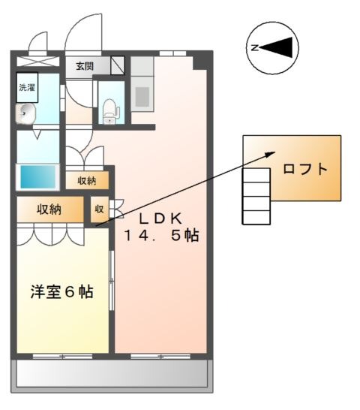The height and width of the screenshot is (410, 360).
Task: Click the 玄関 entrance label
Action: (83, 66)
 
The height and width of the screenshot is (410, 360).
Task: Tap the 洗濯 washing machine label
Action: (27, 87)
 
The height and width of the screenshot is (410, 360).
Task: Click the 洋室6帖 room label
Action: (62, 291)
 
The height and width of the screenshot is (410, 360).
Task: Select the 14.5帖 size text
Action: (161, 236)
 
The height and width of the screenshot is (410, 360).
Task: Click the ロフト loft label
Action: (304, 168)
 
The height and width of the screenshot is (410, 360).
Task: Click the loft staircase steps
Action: (256, 195)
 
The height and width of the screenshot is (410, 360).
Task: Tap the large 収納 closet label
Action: (49, 209)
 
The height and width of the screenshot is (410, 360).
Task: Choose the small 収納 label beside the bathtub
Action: (86, 180)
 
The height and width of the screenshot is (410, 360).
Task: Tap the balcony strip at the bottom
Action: (110, 372)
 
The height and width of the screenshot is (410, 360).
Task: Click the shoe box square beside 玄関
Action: (117, 65)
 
